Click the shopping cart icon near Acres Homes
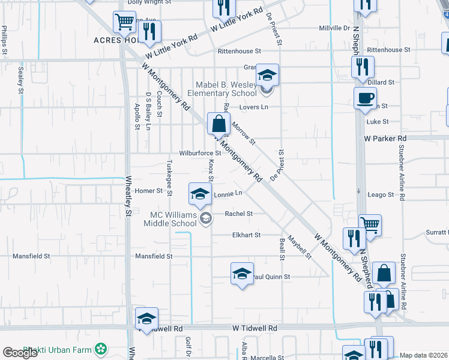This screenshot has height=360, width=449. (124, 22)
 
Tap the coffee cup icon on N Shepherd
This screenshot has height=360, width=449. (365, 98)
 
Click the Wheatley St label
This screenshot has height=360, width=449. (128, 195)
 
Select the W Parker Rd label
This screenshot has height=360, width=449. (385, 138)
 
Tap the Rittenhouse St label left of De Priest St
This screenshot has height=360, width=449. (240, 52)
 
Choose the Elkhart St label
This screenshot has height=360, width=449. (246, 235)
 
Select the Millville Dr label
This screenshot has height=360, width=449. (334, 28)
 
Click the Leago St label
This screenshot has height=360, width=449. (381, 195)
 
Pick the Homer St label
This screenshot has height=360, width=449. (149, 191)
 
